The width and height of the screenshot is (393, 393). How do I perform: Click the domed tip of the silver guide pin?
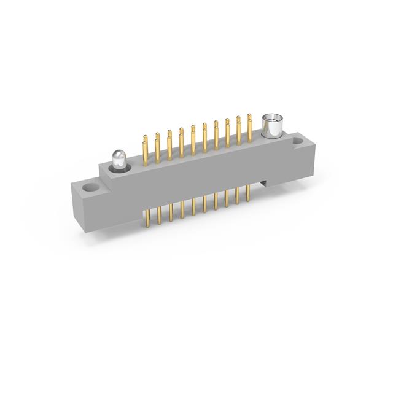(118, 154)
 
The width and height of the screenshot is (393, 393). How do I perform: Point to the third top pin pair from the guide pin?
(169, 144)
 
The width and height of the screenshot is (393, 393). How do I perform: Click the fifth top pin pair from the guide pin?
(192, 139)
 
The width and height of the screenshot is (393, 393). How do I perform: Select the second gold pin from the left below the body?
(160, 215)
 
